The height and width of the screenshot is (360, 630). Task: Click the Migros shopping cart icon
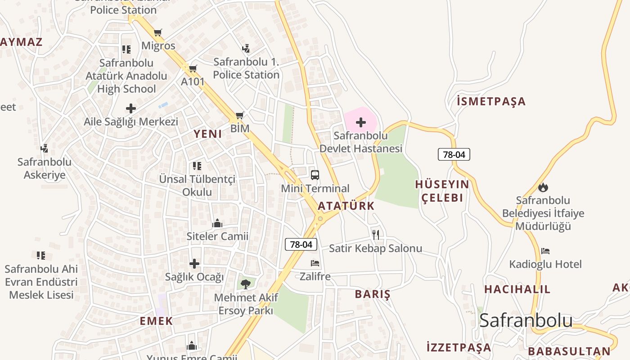click(x=157, y=32)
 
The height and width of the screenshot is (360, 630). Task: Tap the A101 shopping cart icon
click(x=193, y=68)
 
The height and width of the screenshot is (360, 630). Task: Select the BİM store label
click(x=240, y=128)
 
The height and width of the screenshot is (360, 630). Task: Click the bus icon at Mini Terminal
click(x=315, y=175)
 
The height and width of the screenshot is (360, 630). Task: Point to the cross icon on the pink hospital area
click(x=360, y=122)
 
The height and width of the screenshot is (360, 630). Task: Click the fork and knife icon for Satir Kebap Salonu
click(x=376, y=234)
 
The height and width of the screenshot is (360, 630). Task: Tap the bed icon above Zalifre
click(x=315, y=263)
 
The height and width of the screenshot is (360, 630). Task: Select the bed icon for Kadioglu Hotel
click(x=545, y=251)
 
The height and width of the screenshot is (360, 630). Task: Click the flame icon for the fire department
click(x=543, y=187)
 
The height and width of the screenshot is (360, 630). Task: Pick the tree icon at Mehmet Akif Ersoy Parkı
click(x=246, y=283)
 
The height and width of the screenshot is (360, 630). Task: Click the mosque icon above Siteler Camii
click(x=217, y=223)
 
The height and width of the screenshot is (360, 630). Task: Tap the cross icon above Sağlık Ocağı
click(x=194, y=263)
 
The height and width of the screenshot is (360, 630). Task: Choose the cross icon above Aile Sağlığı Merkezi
click(x=131, y=108)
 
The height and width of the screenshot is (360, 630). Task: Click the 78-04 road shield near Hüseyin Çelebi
click(x=454, y=154)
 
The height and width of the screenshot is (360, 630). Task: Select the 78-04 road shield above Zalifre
click(x=301, y=244)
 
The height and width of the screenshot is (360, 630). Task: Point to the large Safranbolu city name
click(x=526, y=320)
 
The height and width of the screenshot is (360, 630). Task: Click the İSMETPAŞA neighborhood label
click(x=491, y=101)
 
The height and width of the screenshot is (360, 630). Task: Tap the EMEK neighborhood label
click(x=156, y=321)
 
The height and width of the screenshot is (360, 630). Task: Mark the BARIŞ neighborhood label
click(x=372, y=294)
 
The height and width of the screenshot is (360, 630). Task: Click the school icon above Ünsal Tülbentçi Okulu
click(x=197, y=166)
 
